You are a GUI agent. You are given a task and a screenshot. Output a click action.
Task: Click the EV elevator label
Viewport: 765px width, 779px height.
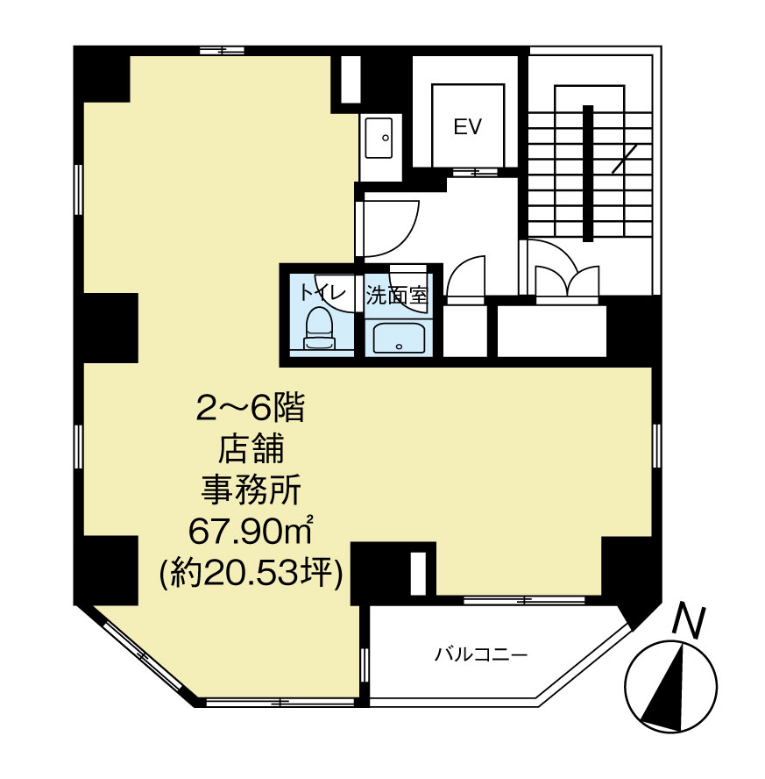coord(468,127)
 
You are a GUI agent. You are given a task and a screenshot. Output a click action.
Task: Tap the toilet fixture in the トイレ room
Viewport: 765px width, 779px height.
coord(320,328)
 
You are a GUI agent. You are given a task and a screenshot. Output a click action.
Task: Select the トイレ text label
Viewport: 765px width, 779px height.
coord(322,292)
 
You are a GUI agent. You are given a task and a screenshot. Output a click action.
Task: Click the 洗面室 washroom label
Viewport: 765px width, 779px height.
coord(396,297)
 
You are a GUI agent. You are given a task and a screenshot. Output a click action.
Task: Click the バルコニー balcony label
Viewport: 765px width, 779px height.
coord(480,654)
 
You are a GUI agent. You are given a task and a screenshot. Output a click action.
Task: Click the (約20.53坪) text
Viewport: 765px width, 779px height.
coord(251,573)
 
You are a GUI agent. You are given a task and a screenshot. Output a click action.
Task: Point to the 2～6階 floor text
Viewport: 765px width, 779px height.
coord(250,410)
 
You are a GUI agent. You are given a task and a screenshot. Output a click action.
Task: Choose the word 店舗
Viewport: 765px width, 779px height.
coord(251,450)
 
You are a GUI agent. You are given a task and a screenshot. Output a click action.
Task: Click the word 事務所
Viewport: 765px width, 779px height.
coord(251,490)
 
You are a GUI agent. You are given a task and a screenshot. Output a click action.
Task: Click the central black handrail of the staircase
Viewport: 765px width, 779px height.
coord(588,174)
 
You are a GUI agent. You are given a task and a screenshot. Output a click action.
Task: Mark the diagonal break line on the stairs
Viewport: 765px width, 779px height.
coord(625,159)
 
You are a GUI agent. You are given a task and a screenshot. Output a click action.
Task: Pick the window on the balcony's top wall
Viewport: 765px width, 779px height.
coord(524,600)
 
